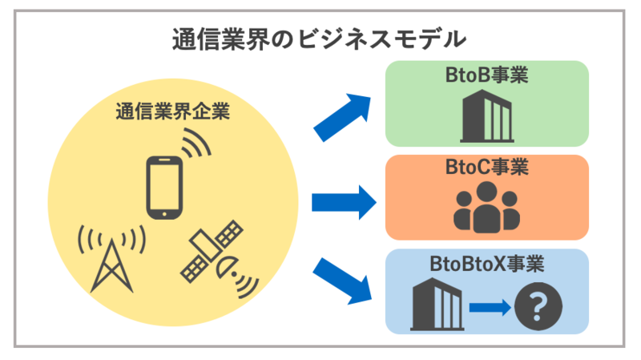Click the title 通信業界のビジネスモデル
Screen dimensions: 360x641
(319, 38)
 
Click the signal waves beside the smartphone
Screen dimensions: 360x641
(196, 148)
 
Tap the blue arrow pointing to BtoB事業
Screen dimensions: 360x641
(342, 115)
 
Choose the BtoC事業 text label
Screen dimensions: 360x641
(487, 169)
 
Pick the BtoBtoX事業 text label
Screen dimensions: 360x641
(487, 264)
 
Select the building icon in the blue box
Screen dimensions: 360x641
(438, 304)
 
